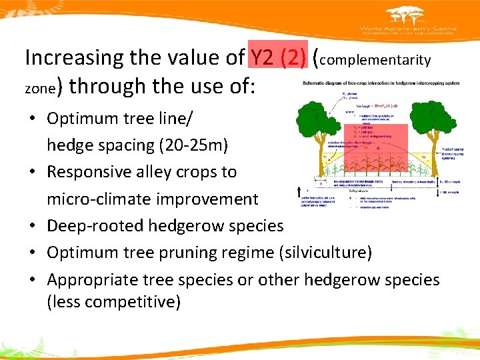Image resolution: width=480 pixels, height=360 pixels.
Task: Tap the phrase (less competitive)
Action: point(113,301)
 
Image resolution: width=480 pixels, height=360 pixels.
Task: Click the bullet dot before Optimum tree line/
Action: point(33,119)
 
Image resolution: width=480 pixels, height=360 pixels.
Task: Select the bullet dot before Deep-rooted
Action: point(33,226)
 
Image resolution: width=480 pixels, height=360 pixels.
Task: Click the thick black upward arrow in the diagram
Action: point(297,193)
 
